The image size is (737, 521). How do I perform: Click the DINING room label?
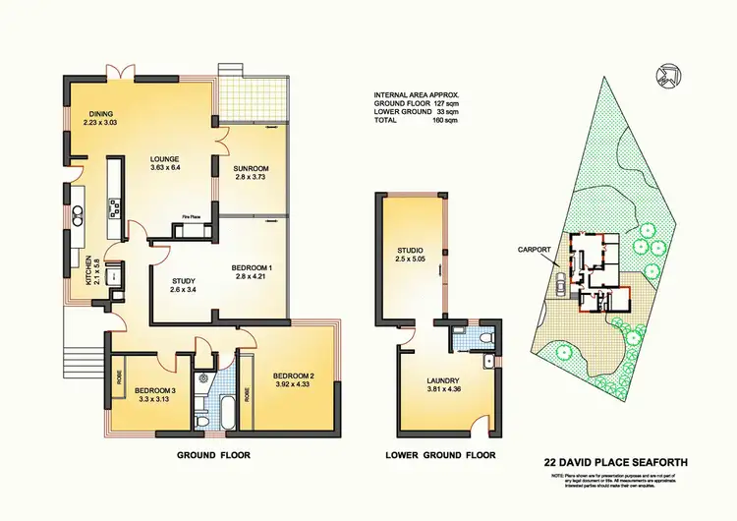[102, 112]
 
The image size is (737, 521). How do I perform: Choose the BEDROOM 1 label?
[251, 267]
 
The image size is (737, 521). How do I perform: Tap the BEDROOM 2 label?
[292, 376]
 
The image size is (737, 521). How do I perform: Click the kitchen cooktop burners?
[115, 206]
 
